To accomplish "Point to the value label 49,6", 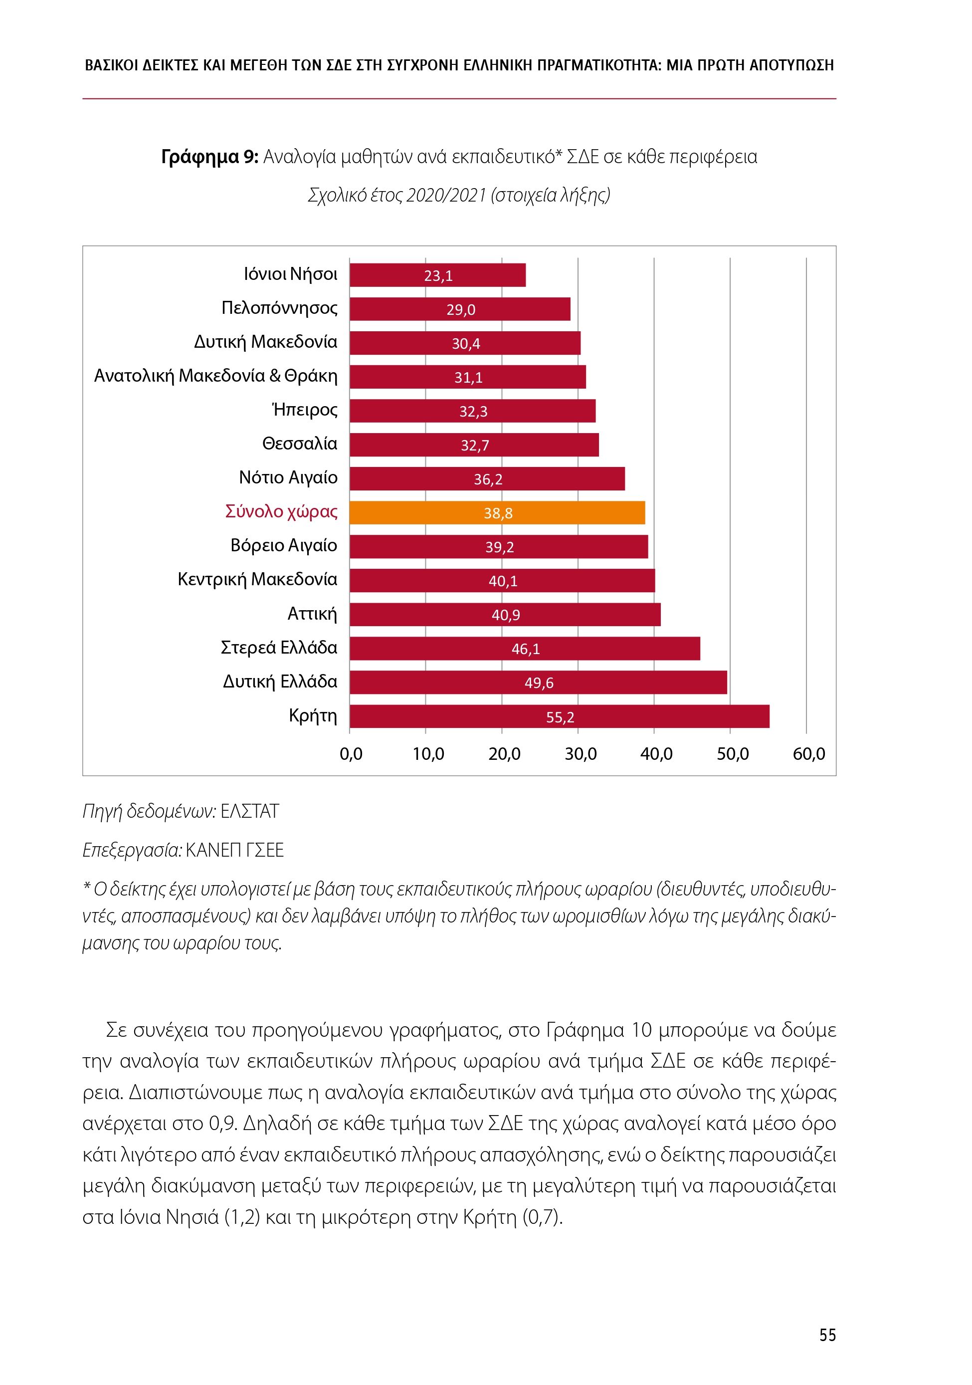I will coord(539,683).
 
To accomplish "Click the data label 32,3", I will coord(473,412).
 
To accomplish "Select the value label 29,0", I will coord(461,309).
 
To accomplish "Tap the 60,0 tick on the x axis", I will coord(808,754).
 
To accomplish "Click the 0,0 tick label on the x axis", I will coord(351,754).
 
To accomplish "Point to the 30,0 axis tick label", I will coord(580,754).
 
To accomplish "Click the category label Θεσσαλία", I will coord(300,444).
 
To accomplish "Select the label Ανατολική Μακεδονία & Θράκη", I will coord(216,376).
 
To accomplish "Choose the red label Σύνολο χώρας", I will coord(281,511).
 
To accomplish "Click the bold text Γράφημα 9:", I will coord(209,157).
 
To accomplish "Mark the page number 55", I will coord(827,1335).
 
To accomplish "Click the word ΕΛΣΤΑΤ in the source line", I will coord(250,811).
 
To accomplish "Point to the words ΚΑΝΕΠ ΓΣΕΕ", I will coord(234,850).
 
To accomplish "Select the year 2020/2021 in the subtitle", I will coord(446,196).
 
